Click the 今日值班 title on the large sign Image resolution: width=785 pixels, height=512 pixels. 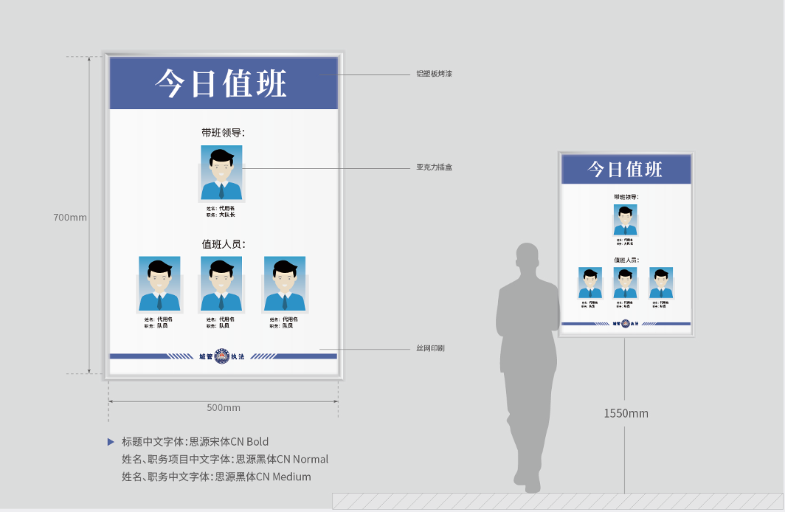[x=221, y=84]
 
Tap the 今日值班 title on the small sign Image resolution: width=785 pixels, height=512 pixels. [x=625, y=169]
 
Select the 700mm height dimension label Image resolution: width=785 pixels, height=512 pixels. [x=70, y=218]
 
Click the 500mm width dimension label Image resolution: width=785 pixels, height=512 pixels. [x=224, y=408]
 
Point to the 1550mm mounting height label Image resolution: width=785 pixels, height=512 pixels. [x=626, y=413]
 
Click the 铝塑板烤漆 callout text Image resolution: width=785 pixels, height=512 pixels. [x=434, y=74]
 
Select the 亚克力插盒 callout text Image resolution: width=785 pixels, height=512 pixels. [x=434, y=167]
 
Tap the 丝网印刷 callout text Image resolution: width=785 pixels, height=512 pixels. [x=430, y=348]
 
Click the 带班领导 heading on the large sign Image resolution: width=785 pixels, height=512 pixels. [x=223, y=133]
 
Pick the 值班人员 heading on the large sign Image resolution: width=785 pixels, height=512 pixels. [x=223, y=243]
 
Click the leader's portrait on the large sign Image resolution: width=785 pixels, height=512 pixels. [x=221, y=173]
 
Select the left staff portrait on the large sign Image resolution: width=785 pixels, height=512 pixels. [x=159, y=283]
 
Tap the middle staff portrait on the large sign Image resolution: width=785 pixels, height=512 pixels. [x=221, y=283]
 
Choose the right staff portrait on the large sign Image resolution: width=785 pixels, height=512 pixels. [x=285, y=283]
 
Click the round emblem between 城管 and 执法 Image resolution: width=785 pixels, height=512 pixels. [x=221, y=356]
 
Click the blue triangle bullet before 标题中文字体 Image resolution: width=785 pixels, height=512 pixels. [x=111, y=442]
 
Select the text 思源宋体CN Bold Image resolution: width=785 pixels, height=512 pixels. [x=229, y=442]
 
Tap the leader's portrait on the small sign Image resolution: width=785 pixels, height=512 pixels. [x=626, y=220]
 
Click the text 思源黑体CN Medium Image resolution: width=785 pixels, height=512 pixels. [x=263, y=477]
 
